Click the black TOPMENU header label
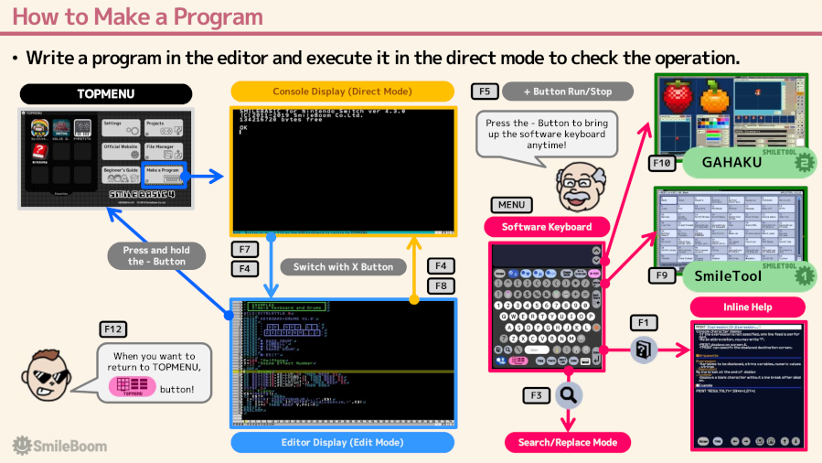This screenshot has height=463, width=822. pos(106,93)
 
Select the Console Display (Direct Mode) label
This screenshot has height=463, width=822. pos(342,92)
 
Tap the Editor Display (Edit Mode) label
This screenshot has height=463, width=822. pos(342,442)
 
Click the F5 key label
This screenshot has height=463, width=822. pos(485,92)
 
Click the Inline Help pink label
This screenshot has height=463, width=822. pos(748,307)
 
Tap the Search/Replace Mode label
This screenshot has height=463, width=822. pos(568,443)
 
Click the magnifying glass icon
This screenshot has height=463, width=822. pos(569,395)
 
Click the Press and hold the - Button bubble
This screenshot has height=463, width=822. pos(156,255)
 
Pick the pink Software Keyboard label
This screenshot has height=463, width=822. pos(547,226)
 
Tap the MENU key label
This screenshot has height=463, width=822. pos(511,205)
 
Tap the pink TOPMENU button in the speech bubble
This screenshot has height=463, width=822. pos(133,387)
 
